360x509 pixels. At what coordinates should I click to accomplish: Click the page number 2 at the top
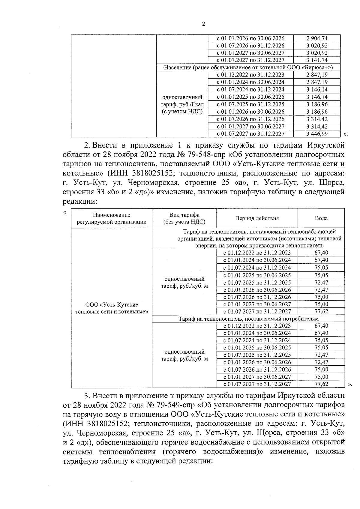click(x=203, y=24)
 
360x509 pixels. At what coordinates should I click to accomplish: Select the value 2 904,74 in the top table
click(x=317, y=38)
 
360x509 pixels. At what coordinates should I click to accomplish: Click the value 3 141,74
click(x=317, y=60)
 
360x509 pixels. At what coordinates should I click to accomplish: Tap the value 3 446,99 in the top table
click(x=317, y=134)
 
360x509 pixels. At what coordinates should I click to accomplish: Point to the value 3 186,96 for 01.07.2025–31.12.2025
click(x=317, y=104)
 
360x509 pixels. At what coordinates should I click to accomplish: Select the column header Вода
click(x=321, y=218)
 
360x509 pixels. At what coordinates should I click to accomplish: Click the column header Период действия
click(x=257, y=218)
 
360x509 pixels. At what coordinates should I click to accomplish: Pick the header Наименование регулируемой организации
click(x=112, y=218)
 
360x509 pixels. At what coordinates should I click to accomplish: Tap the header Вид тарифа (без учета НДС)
click(x=184, y=218)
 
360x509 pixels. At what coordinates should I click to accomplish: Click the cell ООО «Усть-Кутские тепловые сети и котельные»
click(x=112, y=308)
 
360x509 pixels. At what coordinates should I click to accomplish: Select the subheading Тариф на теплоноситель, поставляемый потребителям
click(x=248, y=319)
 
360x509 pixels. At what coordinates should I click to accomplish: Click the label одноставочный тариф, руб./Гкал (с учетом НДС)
click(x=182, y=104)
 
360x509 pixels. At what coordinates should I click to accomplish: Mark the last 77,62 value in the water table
click(x=321, y=384)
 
